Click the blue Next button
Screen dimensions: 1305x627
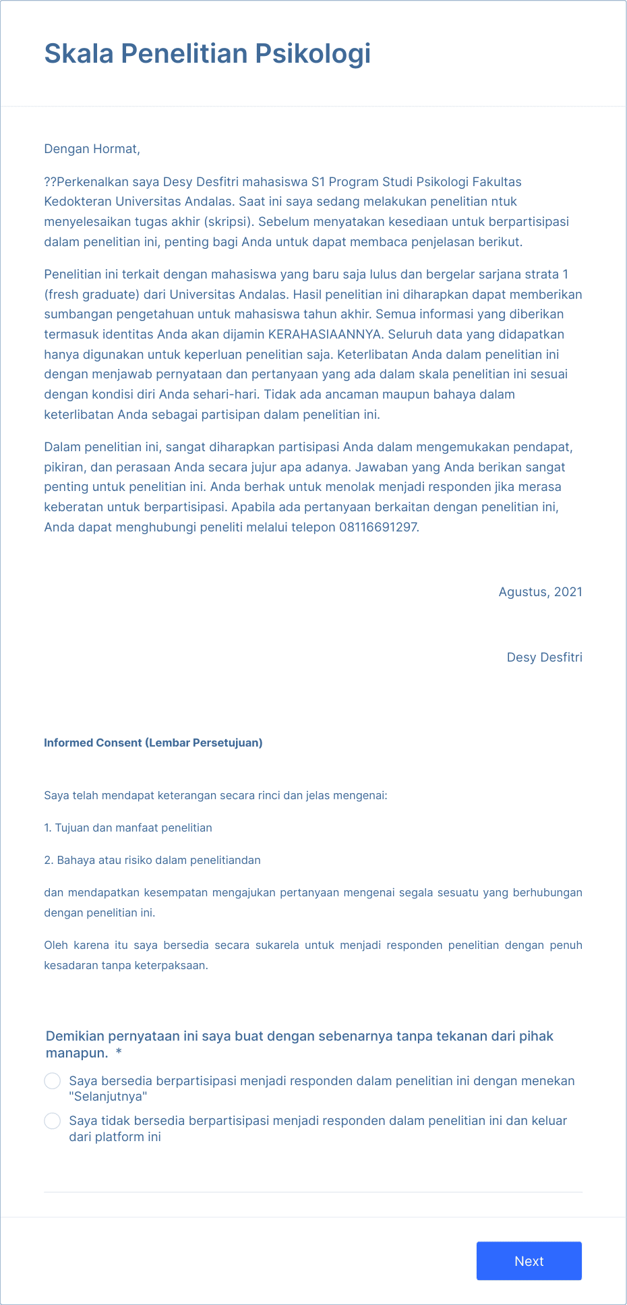pos(529,1260)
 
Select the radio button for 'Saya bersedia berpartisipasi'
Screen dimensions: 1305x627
pos(53,1081)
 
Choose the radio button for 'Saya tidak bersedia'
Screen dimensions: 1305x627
pos(53,1121)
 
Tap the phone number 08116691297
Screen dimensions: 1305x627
pos(378,527)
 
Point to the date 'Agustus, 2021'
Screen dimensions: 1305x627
pos(540,592)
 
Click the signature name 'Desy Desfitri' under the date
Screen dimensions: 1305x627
pos(544,658)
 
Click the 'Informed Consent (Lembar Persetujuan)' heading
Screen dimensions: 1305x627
pos(153,743)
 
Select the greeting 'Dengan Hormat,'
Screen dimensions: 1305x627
pos(92,149)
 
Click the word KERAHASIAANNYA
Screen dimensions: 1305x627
pos(325,335)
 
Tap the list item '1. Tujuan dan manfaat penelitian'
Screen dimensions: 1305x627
pos(128,828)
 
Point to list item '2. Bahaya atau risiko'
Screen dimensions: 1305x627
pos(152,861)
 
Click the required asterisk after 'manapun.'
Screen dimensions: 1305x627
pos(119,1053)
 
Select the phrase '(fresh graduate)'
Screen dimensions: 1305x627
pos(92,295)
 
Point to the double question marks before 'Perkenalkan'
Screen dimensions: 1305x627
pos(51,182)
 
